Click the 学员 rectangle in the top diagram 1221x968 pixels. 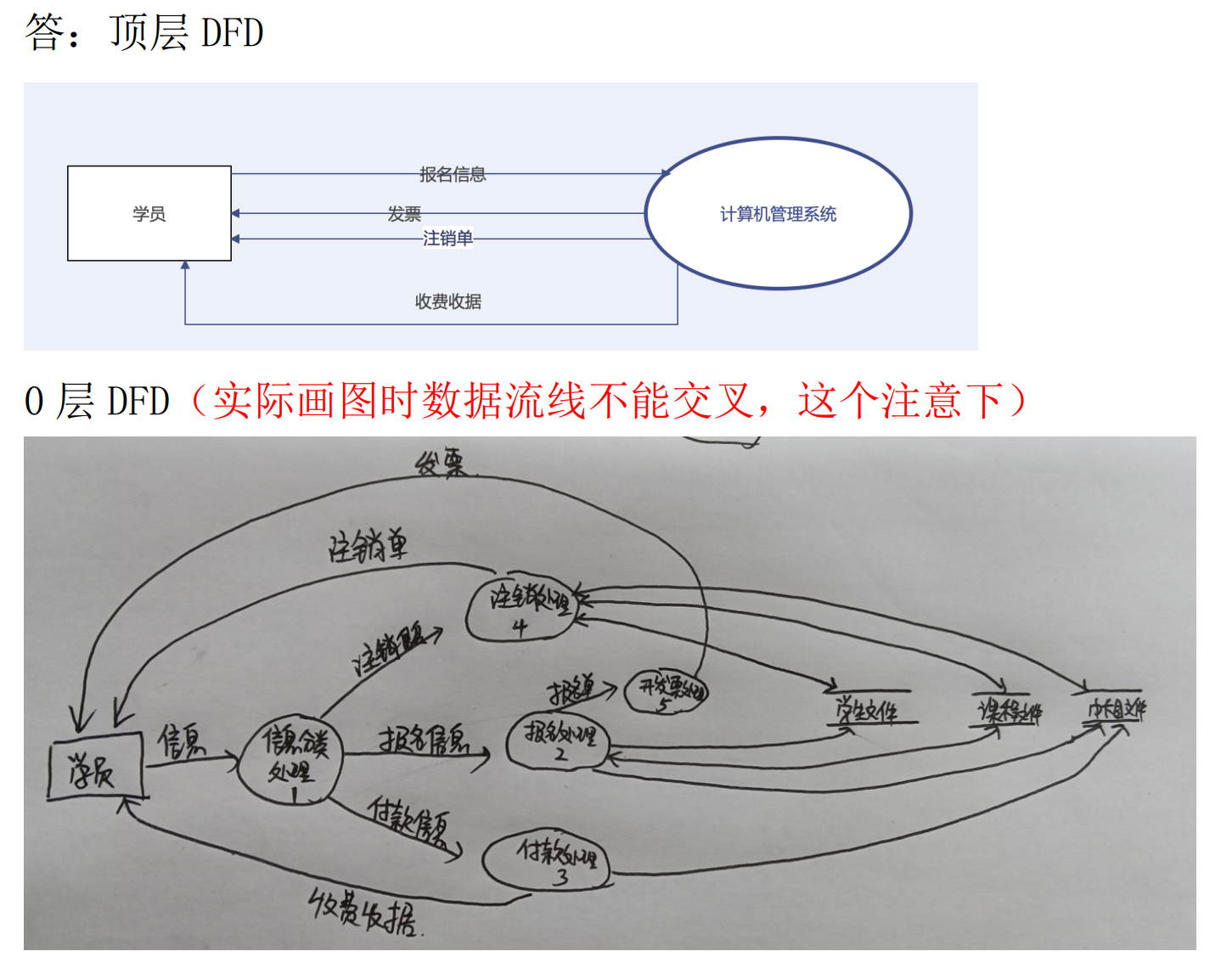(149, 213)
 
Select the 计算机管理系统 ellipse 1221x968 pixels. (778, 213)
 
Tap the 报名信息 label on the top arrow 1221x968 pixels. (452, 174)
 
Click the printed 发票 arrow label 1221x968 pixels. (404, 214)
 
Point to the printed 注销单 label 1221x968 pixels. (447, 239)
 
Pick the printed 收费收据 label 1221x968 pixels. (447, 301)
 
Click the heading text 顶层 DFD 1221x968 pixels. (186, 32)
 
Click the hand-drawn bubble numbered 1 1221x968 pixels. (291, 758)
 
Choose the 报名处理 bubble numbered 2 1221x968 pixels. (558, 740)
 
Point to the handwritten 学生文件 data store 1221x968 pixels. (868, 710)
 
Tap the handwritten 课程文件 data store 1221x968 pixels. (1009, 710)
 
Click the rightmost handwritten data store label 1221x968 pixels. (1116, 709)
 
